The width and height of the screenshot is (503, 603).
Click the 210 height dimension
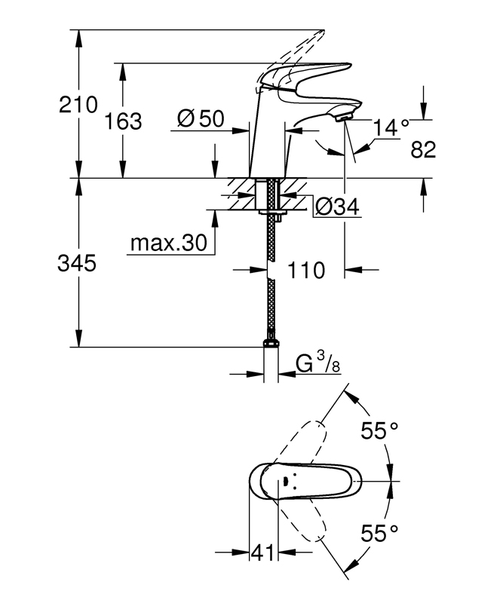(78, 105)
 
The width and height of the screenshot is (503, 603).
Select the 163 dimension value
(124, 121)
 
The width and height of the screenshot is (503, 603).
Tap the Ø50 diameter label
(201, 118)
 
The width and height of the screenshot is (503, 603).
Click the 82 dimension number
(423, 149)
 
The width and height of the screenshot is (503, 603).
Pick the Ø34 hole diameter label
(337, 207)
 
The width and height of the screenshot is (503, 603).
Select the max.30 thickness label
(169, 243)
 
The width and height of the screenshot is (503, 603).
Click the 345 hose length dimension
(77, 264)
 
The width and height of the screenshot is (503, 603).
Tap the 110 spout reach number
(306, 270)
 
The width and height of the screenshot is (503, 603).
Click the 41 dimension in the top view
(264, 552)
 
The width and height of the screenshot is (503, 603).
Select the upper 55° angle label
(379, 430)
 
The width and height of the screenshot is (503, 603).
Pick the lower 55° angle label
(379, 534)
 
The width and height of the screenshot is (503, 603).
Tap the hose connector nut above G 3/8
(271, 343)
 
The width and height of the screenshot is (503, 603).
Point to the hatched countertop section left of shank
(241, 194)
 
